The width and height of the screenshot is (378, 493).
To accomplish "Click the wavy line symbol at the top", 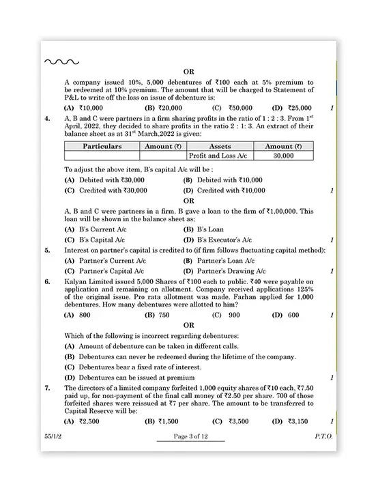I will click(x=61, y=62).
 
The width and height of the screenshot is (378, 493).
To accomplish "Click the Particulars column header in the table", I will click(x=102, y=146).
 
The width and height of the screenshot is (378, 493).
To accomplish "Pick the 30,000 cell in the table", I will click(x=282, y=156).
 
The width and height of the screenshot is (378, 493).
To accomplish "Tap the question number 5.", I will click(x=47, y=251).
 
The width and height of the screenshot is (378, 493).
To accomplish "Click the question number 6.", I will click(x=47, y=281).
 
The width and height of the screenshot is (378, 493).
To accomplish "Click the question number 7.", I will click(x=47, y=388).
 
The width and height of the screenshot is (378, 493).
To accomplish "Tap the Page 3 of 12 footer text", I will click(x=190, y=436).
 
